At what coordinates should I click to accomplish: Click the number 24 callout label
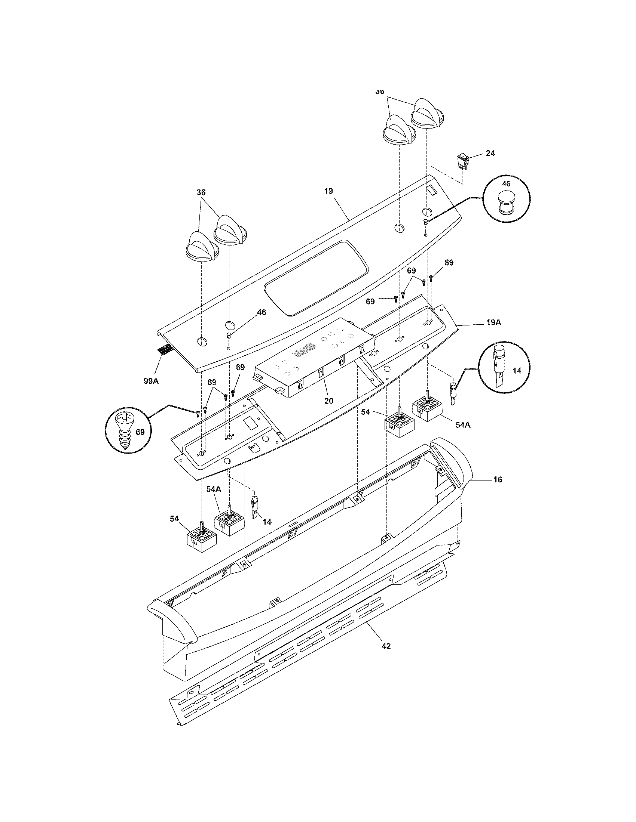[x=490, y=153]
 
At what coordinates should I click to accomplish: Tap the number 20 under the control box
[x=328, y=401]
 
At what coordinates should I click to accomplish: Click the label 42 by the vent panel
[x=386, y=646]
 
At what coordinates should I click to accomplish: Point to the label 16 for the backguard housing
[x=497, y=479]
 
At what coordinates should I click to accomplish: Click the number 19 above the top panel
[x=328, y=191]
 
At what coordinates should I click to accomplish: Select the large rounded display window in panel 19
[x=316, y=278]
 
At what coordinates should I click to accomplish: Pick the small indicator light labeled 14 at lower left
[x=255, y=507]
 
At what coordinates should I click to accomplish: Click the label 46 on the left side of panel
[x=261, y=312]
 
